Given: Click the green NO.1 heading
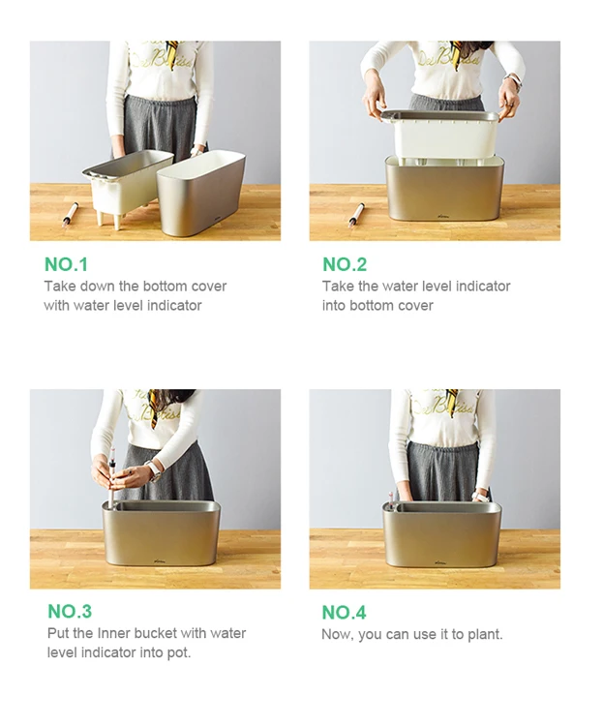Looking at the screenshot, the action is click(x=66, y=264).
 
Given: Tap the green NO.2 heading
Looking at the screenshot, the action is click(x=345, y=264).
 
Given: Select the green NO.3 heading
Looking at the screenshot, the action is click(x=70, y=611).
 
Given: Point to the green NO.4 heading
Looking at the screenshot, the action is click(x=344, y=612).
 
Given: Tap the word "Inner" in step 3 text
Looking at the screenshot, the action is click(x=113, y=633).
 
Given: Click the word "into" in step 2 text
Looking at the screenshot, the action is click(x=334, y=306).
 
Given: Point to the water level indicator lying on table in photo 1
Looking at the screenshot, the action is click(x=69, y=213).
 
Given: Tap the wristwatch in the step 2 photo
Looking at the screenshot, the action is click(x=514, y=81).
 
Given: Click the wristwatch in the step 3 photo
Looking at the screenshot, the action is click(x=153, y=470).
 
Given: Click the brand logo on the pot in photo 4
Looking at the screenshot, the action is click(x=441, y=561).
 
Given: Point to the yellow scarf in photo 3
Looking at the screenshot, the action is click(x=154, y=408).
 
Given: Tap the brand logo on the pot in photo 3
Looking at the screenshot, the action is click(x=161, y=561).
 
